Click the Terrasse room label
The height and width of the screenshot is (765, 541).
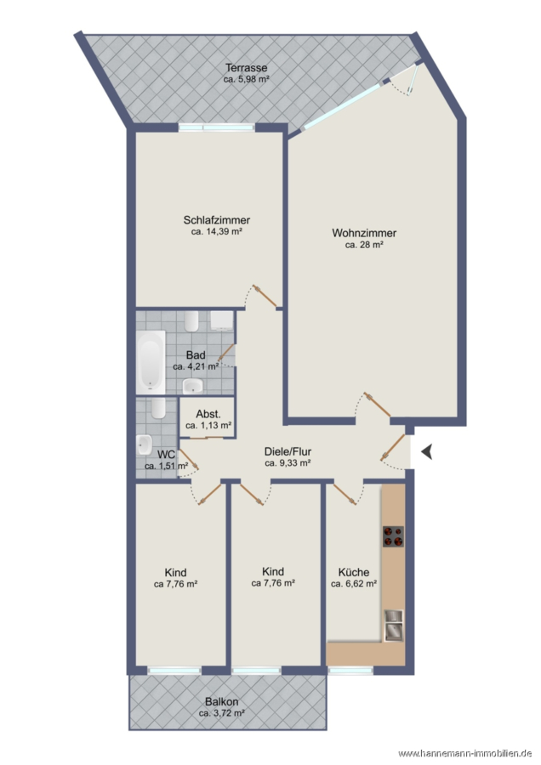click(246, 68)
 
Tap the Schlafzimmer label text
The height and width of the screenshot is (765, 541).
click(217, 220)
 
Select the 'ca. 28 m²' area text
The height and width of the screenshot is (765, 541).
click(364, 245)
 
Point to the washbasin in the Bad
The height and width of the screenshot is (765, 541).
click(193, 387)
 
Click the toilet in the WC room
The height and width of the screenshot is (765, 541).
click(158, 408)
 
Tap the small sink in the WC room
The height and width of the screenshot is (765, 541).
click(145, 445)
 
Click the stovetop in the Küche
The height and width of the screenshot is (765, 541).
click(393, 536)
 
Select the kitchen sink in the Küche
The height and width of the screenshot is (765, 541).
click(394, 625)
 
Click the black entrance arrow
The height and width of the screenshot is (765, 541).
click(427, 452)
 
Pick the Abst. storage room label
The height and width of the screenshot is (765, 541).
click(208, 414)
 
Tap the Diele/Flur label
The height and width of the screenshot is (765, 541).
click(288, 452)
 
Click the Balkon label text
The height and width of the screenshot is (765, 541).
click(222, 702)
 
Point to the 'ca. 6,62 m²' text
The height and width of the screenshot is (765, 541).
click(354, 583)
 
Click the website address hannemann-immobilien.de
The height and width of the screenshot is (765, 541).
click(465, 753)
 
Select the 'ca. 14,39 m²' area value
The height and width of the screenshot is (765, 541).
click(217, 232)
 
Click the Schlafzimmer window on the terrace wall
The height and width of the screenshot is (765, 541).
click(216, 127)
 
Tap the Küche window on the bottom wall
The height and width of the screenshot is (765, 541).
click(350, 671)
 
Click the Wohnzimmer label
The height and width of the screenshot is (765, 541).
click(364, 233)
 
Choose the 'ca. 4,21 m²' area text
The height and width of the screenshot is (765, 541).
click(196, 366)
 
